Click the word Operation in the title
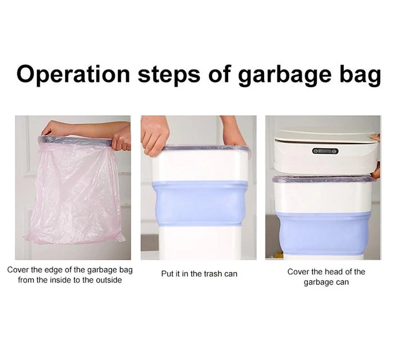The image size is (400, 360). click(x=73, y=74)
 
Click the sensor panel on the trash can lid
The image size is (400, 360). click(x=325, y=151)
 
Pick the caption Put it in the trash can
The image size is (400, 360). click(x=199, y=274)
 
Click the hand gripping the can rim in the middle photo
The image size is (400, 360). click(x=155, y=135)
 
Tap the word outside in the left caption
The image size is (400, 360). click(x=109, y=280)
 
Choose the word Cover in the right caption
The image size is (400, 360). click(x=297, y=272)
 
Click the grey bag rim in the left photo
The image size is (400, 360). click(x=75, y=140)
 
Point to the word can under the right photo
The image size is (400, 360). click(x=342, y=282)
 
